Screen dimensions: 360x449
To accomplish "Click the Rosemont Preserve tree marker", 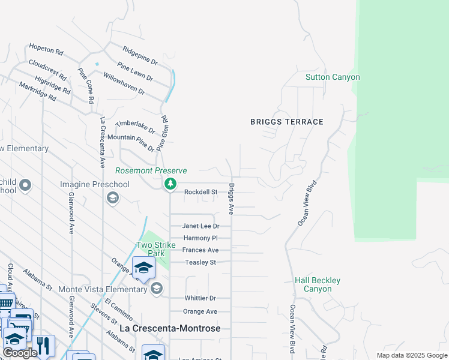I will click(170, 184).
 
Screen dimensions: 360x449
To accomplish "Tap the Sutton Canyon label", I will click(333, 77).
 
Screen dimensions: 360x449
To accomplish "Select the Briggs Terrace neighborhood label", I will click(287, 122).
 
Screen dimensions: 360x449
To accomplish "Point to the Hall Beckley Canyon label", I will click(318, 284).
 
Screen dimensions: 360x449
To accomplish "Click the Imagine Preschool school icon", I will click(112, 197).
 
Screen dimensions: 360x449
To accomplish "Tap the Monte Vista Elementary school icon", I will click(157, 289).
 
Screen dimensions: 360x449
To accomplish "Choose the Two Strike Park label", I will click(156, 249).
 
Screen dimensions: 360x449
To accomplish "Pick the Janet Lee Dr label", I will click(200, 226).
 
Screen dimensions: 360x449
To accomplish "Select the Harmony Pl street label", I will click(200, 238).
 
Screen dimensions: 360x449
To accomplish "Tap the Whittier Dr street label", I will click(199, 298).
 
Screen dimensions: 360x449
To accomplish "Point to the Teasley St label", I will click(200, 262).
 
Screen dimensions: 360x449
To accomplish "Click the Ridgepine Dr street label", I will click(139, 56).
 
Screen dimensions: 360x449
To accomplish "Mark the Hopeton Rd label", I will click(46, 49).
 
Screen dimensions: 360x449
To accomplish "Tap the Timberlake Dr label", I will click(135, 126).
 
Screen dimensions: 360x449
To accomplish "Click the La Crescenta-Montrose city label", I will click(170, 329).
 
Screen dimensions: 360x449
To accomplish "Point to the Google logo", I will click(20, 353).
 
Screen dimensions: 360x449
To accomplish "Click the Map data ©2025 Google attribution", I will click(411, 355).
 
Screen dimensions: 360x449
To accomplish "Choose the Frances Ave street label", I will click(200, 250).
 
